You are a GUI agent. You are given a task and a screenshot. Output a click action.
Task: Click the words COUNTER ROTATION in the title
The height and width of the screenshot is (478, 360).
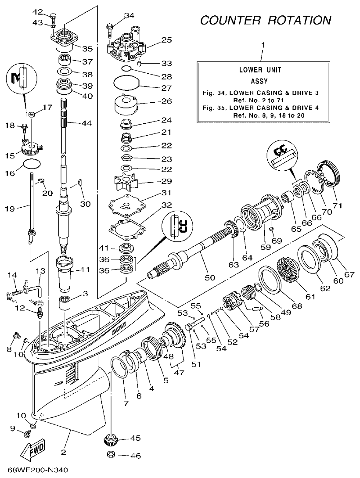(x=266, y=20)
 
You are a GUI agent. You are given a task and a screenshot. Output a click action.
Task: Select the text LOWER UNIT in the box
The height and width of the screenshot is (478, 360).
(x=260, y=70)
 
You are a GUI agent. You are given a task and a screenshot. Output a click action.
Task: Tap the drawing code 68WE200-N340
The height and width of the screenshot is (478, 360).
(x=38, y=471)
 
